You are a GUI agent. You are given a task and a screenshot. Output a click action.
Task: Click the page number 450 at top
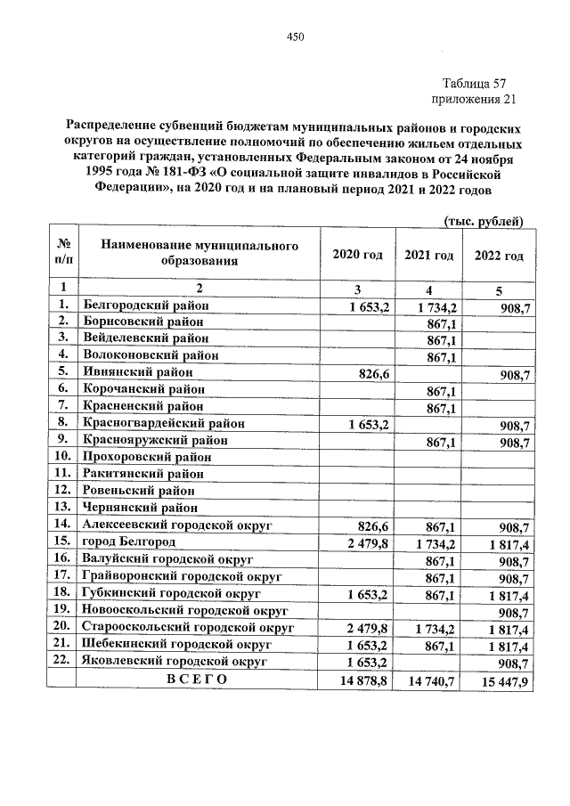(x=296, y=37)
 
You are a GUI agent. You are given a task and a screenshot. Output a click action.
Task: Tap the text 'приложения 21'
(x=473, y=99)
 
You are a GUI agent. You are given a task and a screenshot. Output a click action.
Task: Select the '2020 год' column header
(x=357, y=255)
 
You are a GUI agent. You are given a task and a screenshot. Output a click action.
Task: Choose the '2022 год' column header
(x=499, y=255)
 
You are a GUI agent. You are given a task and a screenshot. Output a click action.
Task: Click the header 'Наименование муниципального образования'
(x=199, y=253)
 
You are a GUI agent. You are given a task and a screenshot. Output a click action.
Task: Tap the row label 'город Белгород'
(x=129, y=541)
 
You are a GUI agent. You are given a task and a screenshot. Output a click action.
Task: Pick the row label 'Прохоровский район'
(x=147, y=457)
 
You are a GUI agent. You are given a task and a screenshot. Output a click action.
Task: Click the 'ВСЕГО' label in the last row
(x=197, y=680)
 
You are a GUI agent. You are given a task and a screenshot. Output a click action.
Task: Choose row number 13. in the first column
(x=62, y=507)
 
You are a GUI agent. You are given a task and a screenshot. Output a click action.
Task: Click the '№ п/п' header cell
(x=63, y=253)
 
